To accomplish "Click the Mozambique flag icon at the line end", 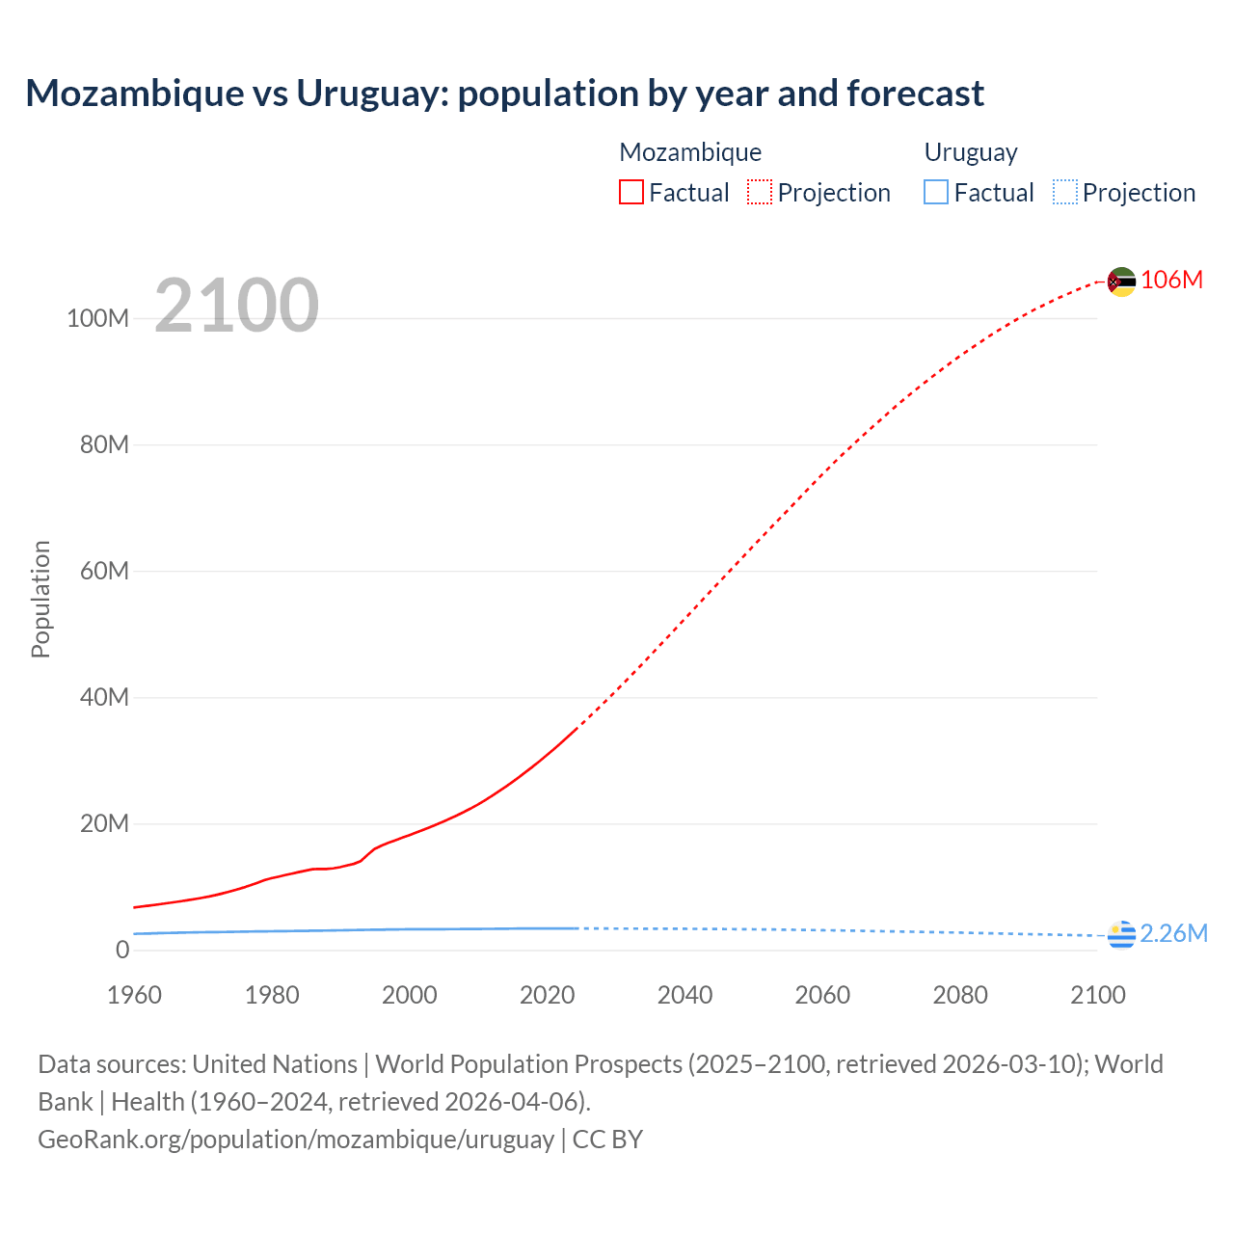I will pos(1121,282).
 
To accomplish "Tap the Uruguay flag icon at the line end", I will pos(1121,934).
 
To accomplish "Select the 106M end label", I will pos(1171,281).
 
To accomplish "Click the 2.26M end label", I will pos(1173,934).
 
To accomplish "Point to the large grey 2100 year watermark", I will pos(236,306).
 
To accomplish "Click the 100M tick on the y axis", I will pos(97,319).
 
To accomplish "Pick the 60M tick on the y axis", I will pos(104,572).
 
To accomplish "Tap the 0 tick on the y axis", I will pos(122,951).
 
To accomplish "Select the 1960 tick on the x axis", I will pos(134,995).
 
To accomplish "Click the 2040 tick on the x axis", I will pos(684,995).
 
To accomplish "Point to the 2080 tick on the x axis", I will pos(960,995).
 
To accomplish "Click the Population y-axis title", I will pos(40,599).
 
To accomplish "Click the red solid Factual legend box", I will pos(631,193).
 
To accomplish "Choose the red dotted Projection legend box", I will pos(760,193).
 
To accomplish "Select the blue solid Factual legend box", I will pos(936,193).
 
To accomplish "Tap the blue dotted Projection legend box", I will pos(1064,193).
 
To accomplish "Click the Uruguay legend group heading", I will pos(970,152).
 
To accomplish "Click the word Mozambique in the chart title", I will pos(135,94).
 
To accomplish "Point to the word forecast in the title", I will pos(915,94).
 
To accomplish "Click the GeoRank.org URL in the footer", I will pos(296,1140).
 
